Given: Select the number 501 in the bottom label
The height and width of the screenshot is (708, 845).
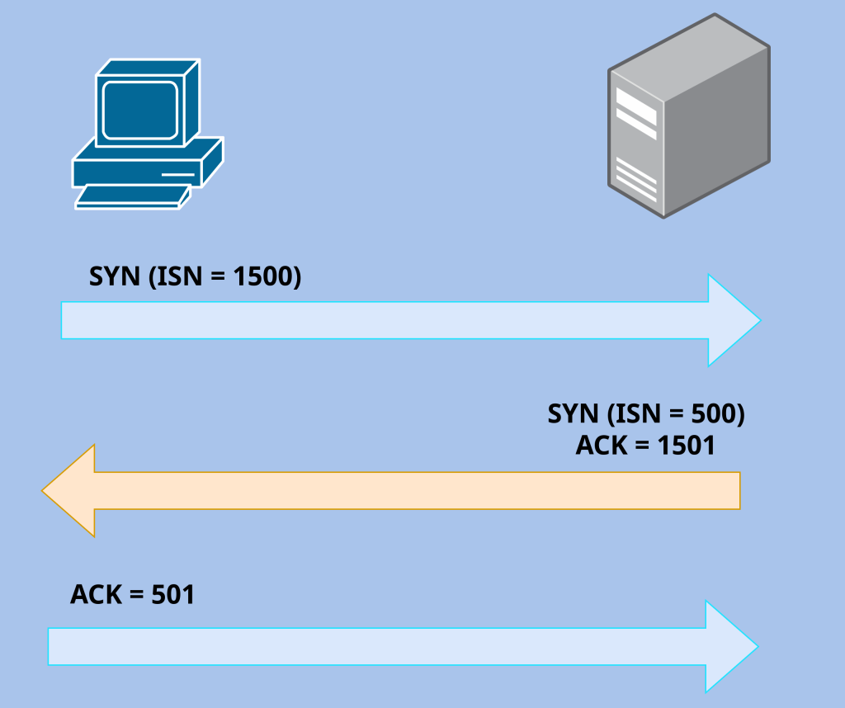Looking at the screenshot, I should tap(172, 594).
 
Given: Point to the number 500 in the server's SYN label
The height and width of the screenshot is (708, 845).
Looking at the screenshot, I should tap(709, 413).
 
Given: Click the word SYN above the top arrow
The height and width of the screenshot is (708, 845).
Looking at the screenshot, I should tap(115, 276).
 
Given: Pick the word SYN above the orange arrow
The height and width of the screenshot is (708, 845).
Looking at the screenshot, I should tap(573, 413).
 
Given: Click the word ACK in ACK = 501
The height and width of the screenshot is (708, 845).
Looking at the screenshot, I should tap(96, 594).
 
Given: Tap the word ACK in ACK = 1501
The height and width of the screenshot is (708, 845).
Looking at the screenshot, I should tap(602, 446).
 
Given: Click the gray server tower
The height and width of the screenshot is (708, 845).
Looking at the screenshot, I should tap(689, 124).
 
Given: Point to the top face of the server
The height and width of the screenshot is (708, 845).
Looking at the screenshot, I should tap(689, 58).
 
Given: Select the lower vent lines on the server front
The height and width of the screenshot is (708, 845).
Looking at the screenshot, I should tap(636, 182).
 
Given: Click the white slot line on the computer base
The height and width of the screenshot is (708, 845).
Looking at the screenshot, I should tap(177, 175).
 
